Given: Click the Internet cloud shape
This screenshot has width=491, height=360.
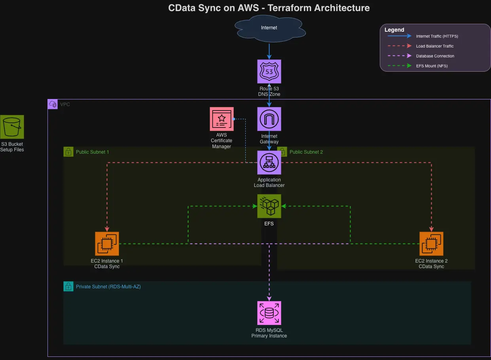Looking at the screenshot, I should tap(269, 28).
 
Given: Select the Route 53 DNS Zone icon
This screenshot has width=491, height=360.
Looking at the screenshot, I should tap(269, 71).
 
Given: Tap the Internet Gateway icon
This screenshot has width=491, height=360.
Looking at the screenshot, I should tap(269, 119).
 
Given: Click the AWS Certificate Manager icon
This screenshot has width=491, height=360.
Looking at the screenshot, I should tap(222, 119).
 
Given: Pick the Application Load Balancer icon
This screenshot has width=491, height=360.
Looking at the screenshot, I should tap(269, 162).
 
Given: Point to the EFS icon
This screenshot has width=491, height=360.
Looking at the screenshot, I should tap(269, 206).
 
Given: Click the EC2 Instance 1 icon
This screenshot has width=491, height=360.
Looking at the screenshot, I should tap(107, 244).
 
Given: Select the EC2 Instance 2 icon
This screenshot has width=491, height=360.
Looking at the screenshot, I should tap(431, 244).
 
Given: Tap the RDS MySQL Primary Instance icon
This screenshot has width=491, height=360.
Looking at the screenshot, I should tap(269, 313).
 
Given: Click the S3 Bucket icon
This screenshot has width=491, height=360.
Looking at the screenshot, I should tap(12, 127).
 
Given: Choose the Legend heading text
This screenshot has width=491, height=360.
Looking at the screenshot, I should tap(394, 30).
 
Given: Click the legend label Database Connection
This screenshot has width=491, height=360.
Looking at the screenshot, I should tap(435, 56).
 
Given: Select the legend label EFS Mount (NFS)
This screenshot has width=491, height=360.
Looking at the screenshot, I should tap(432, 66).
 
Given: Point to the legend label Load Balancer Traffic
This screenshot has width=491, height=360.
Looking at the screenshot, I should tap(435, 46).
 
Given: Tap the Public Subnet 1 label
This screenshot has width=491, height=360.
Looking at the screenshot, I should tap(92, 152).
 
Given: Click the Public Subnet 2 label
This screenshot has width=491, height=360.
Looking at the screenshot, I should tap(306, 152).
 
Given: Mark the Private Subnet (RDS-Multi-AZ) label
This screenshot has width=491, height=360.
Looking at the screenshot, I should tap(108, 287).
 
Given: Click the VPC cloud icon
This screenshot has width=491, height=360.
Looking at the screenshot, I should tap(53, 104).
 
